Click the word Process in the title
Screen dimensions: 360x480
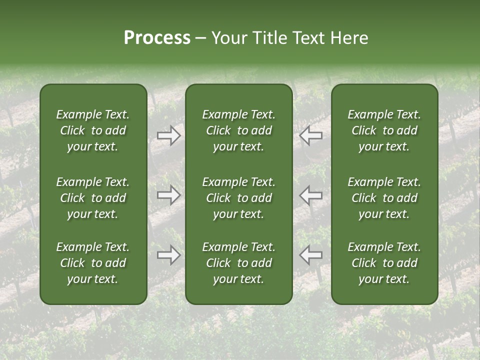coord(157,38)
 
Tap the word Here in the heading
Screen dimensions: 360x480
coord(349,38)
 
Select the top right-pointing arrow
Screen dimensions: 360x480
coord(168,135)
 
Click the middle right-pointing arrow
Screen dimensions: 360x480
coord(168,195)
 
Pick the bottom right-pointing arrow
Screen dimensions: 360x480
coord(168,255)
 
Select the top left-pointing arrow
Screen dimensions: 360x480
coord(311,135)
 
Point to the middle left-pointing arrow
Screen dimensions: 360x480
coord(311,195)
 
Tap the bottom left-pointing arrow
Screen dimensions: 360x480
coord(311,255)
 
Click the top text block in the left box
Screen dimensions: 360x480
coord(93,130)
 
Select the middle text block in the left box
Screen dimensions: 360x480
coord(93,198)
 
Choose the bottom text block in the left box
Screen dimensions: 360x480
coord(93,263)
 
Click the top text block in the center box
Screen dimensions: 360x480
coord(239,130)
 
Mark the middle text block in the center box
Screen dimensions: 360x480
coord(239,198)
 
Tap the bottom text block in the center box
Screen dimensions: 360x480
coord(239,263)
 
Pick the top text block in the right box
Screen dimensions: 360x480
coord(384,130)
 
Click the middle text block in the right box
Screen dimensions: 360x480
coord(384,198)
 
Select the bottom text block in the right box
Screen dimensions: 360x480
coord(384,263)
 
